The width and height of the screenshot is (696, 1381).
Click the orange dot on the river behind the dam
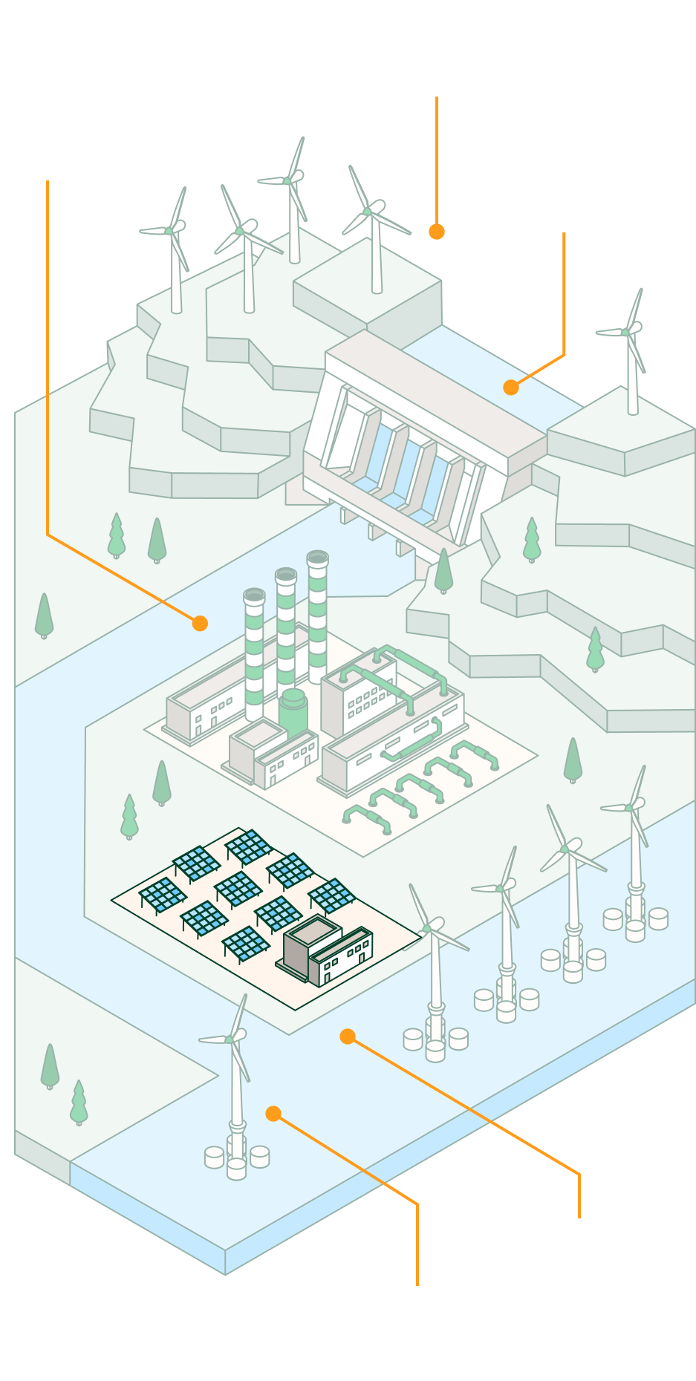click(510, 388)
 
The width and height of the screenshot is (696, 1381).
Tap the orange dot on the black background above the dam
click(437, 232)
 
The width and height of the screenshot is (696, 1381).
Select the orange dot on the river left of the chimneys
click(200, 624)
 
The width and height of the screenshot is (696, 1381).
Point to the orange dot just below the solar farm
click(347, 1036)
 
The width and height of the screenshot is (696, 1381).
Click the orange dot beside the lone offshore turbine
click(273, 1114)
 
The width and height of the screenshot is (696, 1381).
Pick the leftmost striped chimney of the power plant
click(254, 653)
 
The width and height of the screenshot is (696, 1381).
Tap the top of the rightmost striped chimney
click(317, 558)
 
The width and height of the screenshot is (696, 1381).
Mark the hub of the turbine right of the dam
click(627, 331)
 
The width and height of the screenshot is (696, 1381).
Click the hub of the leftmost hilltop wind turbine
click(169, 231)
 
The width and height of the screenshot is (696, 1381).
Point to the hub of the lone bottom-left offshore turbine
click(230, 1037)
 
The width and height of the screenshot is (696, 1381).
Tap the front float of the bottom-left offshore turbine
click(236, 1168)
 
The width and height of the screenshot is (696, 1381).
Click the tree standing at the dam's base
click(443, 570)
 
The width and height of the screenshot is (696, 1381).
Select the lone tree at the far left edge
click(44, 616)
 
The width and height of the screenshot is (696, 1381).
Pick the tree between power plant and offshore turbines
click(573, 760)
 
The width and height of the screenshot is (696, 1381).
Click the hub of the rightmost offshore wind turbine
click(630, 807)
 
